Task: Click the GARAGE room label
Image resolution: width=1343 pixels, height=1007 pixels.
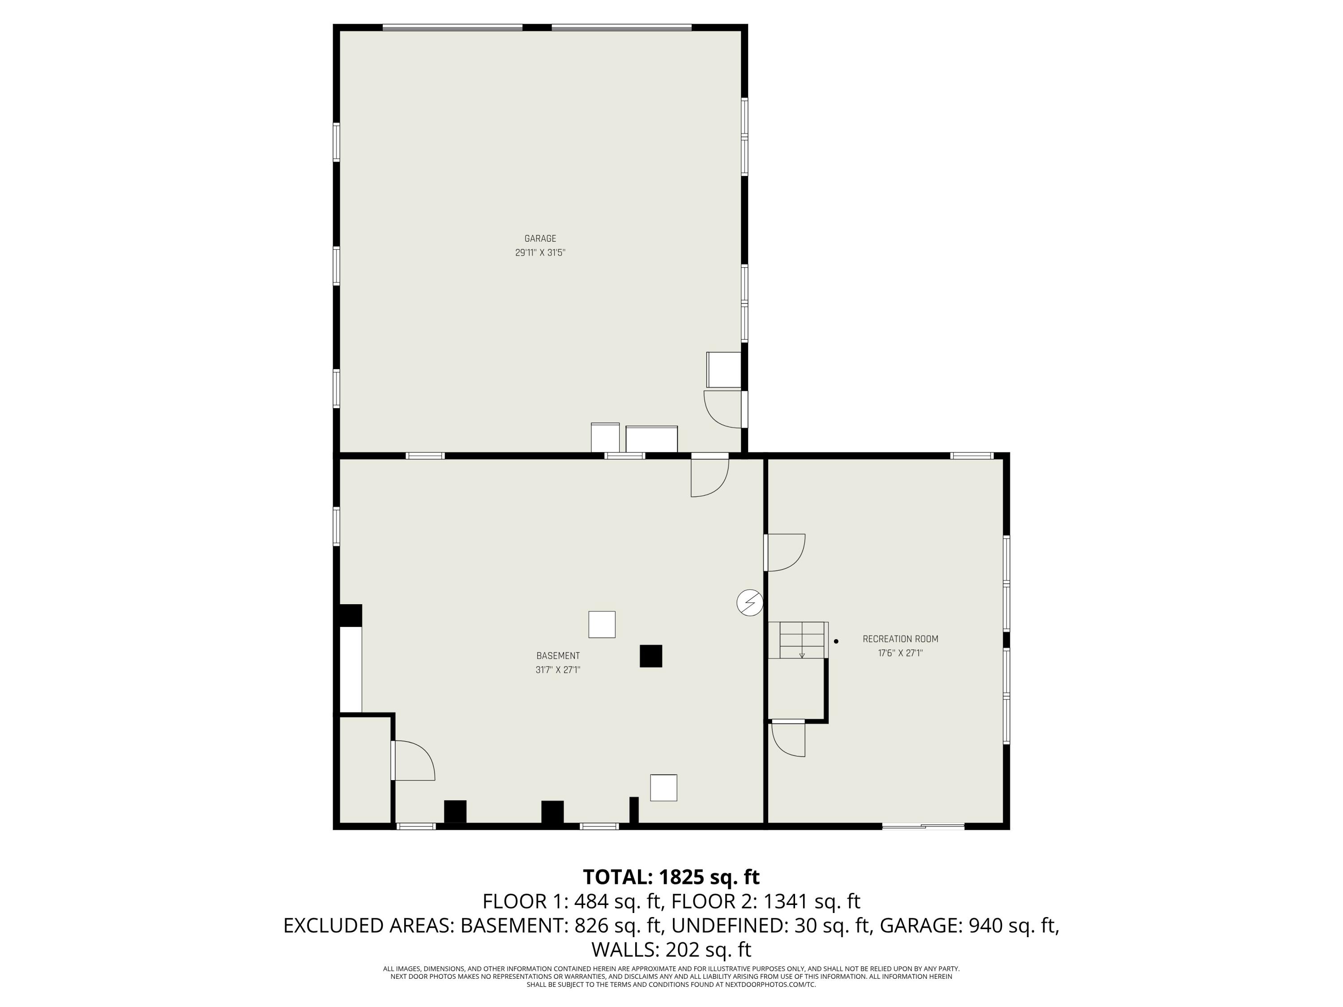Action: tap(540, 239)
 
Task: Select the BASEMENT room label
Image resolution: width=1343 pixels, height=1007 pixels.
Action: tap(557, 656)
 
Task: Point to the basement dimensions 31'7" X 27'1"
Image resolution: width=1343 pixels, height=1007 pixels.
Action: tap(557, 670)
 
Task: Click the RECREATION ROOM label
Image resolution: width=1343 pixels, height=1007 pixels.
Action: tap(900, 639)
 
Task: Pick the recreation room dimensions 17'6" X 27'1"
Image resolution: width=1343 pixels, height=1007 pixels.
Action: tap(900, 653)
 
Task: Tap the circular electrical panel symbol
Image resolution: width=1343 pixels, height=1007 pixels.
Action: tap(749, 603)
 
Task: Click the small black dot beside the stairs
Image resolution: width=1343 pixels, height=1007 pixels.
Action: tap(836, 641)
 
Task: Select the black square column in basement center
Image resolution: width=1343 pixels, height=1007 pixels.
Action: tap(650, 656)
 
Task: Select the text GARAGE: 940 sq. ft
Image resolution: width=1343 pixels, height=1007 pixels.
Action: tap(969, 926)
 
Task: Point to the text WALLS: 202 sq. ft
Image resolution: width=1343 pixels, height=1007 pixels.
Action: tap(671, 949)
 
